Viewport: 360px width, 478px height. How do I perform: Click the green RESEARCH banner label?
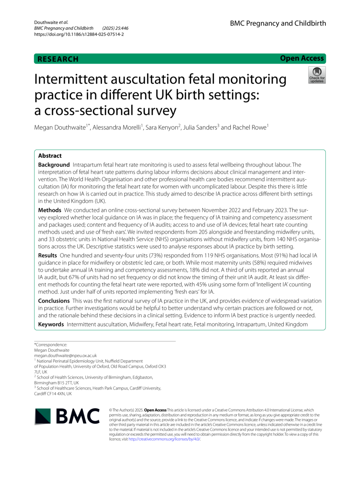click(x=58, y=59)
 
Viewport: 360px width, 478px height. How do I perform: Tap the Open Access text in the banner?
click(x=302, y=59)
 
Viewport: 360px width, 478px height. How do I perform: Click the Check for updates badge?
click(x=317, y=75)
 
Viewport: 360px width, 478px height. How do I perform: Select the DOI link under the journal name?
click(x=79, y=34)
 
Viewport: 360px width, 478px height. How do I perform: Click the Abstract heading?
click(x=50, y=156)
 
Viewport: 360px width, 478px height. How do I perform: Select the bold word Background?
click(x=54, y=165)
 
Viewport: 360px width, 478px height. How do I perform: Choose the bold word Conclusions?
click(x=54, y=301)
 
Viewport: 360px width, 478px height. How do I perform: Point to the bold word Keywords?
click(x=51, y=324)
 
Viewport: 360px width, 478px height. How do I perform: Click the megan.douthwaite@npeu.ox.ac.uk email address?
click(x=65, y=355)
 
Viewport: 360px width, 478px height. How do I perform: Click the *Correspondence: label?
click(x=51, y=345)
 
